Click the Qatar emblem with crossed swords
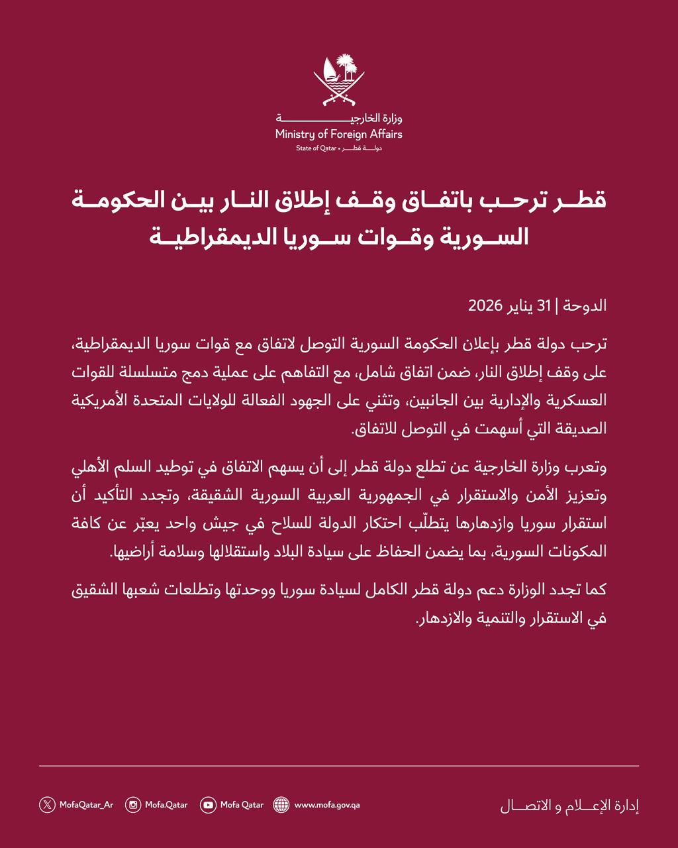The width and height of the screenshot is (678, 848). click(x=339, y=81)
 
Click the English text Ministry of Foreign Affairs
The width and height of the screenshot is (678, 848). click(x=339, y=134)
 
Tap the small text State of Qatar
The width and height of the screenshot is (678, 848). click(x=317, y=148)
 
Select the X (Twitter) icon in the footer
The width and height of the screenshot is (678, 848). click(x=47, y=805)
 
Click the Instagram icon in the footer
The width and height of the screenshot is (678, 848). click(x=133, y=805)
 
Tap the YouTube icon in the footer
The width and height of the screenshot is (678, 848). click(x=209, y=805)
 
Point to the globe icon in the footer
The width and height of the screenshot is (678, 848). click(x=281, y=805)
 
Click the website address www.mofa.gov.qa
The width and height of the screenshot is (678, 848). click(x=327, y=805)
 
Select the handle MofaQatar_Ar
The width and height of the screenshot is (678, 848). click(x=86, y=805)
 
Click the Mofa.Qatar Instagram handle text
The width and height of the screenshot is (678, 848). click(x=166, y=805)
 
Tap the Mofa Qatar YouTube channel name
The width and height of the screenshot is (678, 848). click(x=242, y=805)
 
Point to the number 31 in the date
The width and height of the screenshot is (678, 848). click(x=544, y=306)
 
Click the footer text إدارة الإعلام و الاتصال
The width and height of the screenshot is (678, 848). click(x=569, y=806)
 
